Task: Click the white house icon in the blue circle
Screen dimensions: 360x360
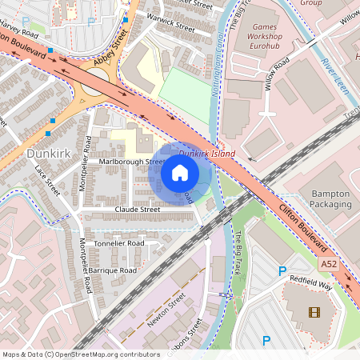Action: [180, 173]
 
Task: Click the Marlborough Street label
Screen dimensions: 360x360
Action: [131, 162]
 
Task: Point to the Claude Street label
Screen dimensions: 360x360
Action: [138, 210]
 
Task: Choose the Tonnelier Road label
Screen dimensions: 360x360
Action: [119, 243]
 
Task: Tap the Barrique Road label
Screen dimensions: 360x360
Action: [113, 271]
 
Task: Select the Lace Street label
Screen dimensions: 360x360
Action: [49, 181]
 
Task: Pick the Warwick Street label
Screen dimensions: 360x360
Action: [170, 26]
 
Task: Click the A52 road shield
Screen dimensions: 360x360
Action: [328, 263]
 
